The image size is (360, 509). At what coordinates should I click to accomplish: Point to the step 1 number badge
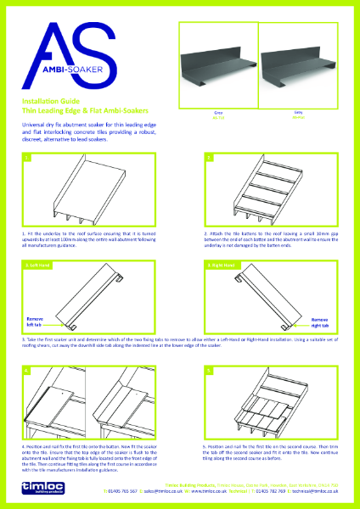pyautogui.click(x=29, y=158)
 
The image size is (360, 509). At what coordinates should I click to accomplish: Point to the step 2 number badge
pyautogui.click(x=208, y=158)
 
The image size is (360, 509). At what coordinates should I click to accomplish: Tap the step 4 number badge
pyautogui.click(x=29, y=371)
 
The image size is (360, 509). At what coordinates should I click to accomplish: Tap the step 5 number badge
pyautogui.click(x=208, y=371)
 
